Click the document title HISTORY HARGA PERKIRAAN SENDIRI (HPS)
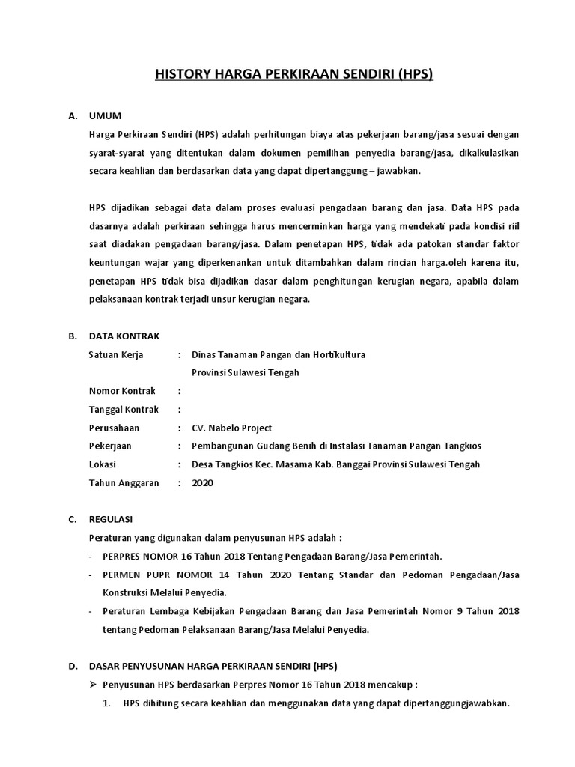(294, 75)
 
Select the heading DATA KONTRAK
(124, 336)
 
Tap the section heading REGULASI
(112, 519)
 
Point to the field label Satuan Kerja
(116, 354)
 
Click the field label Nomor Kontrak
(122, 391)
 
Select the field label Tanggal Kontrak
(124, 410)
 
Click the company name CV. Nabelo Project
(232, 428)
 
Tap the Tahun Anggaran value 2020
(202, 483)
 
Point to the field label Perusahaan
(114, 428)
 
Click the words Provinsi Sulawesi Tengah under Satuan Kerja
(246, 373)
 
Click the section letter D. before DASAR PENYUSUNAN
(72, 666)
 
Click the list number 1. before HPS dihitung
(108, 703)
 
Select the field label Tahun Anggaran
(124, 483)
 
